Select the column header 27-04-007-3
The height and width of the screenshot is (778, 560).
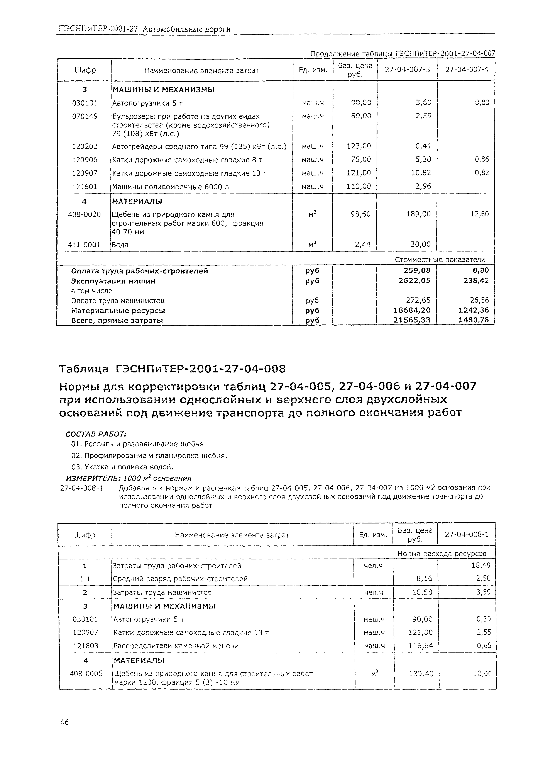pyautogui.click(x=407, y=70)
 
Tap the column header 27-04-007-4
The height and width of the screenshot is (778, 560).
pyautogui.click(x=466, y=70)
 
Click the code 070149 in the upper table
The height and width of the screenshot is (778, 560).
pyautogui.click(x=85, y=116)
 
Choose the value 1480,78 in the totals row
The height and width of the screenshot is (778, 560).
pyautogui.click(x=474, y=320)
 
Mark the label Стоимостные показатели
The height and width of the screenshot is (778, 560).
pyautogui.click(x=440, y=260)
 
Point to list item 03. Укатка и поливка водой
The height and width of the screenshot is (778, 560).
pyautogui.click(x=122, y=467)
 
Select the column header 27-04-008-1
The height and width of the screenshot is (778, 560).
pyautogui.click(x=466, y=534)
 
